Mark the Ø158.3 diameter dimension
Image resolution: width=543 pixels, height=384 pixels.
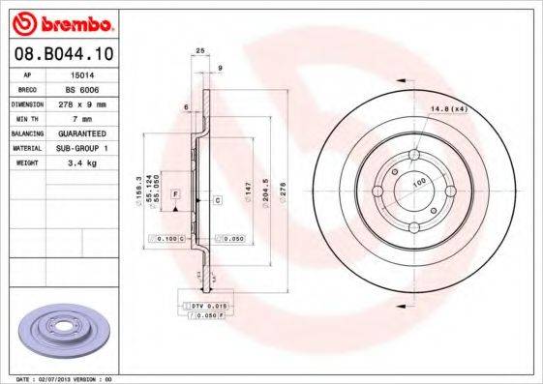(x=142, y=185)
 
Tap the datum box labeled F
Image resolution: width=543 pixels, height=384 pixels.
(x=175, y=194)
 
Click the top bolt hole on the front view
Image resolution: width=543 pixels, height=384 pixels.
(x=413, y=157)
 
